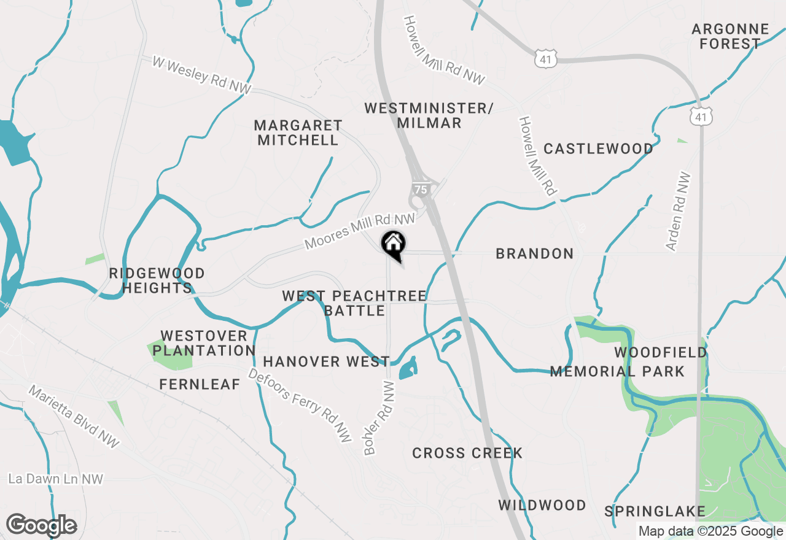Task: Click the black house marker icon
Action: tap(393, 244)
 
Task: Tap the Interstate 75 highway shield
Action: tap(420, 190)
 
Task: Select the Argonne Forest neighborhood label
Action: tap(730, 36)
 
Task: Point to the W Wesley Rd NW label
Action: tap(202, 75)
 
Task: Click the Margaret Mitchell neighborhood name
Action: tap(298, 133)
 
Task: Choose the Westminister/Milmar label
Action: tap(429, 115)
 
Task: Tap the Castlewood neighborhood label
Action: tap(598, 148)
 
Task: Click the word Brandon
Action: tap(534, 253)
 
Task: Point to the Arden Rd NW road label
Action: tap(679, 211)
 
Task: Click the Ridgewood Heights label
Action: tap(157, 280)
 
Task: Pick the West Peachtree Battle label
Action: tap(354, 303)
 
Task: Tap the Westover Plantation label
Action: tap(204, 344)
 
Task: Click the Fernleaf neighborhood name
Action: tap(200, 384)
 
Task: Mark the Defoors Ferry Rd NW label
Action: tap(300, 405)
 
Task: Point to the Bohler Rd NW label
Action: tap(379, 425)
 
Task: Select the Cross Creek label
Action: tap(467, 453)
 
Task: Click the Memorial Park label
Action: tap(617, 371)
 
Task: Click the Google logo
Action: tap(41, 525)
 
